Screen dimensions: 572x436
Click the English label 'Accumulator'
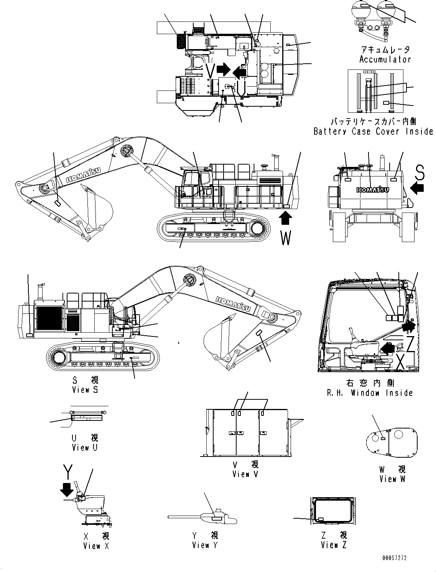[385, 59]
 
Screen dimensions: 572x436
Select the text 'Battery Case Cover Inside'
[373, 131]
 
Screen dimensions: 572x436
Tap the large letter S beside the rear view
[420, 173]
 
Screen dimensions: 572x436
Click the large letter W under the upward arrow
[286, 238]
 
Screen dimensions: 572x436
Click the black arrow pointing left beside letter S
[417, 188]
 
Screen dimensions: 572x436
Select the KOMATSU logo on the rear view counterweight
[373, 190]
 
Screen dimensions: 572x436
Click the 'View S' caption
[85, 390]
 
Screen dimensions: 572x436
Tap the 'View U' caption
[85, 448]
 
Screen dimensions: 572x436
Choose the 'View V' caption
[245, 474]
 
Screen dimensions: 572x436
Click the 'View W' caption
[392, 479]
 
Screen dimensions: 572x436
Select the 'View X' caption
[96, 546]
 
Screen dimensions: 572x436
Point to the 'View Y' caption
[205, 545]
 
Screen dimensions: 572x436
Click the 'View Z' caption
[334, 545]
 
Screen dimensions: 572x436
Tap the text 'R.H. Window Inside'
[370, 393]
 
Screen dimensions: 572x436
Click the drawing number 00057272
[394, 558]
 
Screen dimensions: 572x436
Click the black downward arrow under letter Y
[67, 490]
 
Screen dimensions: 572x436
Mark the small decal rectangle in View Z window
[321, 519]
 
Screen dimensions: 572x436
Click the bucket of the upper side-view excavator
[98, 207]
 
